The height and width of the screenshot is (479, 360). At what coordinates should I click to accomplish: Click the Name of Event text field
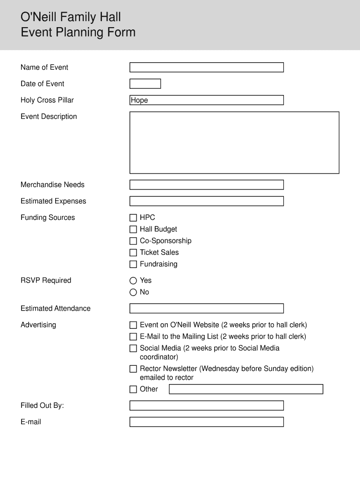point(206,67)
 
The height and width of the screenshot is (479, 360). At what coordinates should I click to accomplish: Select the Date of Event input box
point(145,84)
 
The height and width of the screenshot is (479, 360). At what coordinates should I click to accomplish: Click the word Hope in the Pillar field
point(139,100)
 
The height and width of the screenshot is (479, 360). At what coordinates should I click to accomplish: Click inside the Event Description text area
point(234,142)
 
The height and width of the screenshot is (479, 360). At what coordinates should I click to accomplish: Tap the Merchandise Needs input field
point(206,185)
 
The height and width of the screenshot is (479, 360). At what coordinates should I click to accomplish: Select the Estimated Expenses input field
point(206,201)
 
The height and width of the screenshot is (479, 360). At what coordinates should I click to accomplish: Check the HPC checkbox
point(133,218)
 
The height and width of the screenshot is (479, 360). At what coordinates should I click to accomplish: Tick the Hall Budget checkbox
point(133,229)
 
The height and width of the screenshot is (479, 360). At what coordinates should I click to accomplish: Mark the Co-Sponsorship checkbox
point(133,241)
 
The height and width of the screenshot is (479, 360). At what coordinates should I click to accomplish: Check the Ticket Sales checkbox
point(133,253)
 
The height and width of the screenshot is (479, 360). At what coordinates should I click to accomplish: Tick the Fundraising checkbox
point(133,264)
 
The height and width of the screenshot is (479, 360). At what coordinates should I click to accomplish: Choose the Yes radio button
point(133,281)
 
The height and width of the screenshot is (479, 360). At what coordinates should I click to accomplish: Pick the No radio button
point(133,292)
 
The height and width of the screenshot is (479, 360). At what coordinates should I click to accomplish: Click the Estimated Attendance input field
point(206,308)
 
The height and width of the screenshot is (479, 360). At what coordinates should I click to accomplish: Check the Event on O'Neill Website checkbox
point(133,325)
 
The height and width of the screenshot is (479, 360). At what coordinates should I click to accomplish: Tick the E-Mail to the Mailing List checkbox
point(133,337)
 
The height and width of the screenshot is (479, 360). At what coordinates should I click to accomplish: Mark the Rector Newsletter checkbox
point(133,369)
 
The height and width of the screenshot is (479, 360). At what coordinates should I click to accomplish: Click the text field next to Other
point(246,389)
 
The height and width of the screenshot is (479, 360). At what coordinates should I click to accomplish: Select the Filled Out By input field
point(206,406)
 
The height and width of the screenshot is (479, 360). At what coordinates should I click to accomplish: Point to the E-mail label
point(31,422)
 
